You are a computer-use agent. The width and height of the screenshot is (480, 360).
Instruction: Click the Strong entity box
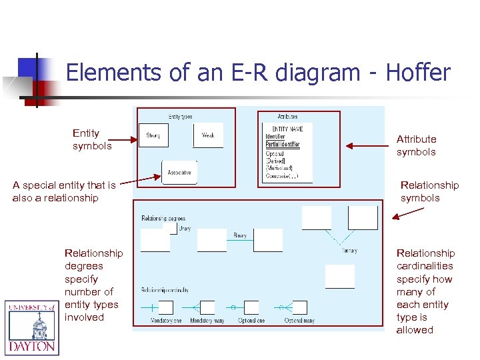coord(153,135)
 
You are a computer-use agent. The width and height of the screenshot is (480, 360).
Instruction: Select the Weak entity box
coord(208,135)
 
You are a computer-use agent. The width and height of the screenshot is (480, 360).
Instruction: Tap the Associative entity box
coord(179,173)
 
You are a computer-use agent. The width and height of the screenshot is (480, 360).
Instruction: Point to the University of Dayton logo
coord(31,327)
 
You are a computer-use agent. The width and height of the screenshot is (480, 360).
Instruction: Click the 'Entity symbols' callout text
coord(92,139)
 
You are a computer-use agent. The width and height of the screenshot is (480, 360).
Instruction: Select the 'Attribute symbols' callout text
coord(416,145)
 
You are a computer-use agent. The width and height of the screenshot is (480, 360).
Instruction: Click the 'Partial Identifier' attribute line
coord(282,145)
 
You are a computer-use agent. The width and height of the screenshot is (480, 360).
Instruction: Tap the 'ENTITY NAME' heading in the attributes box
coord(283,129)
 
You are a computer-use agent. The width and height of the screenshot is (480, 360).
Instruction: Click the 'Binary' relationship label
coord(240,235)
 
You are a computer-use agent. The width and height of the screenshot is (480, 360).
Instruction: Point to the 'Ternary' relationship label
coord(349,251)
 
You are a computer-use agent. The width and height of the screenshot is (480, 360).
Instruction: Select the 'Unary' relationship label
coord(185,228)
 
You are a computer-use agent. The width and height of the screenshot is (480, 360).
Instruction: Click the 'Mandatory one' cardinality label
coord(166,321)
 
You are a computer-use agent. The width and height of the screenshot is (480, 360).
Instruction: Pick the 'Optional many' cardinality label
coord(299,321)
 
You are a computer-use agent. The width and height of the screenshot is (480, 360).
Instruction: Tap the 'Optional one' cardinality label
coord(251,321)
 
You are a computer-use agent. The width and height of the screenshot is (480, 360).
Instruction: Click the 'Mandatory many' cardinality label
coord(207,321)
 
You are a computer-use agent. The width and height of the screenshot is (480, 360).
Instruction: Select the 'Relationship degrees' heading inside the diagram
coord(163,218)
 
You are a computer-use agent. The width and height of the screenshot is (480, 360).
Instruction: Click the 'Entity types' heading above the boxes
coord(180,117)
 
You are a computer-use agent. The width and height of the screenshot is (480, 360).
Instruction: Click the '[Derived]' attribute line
coord(276,161)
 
